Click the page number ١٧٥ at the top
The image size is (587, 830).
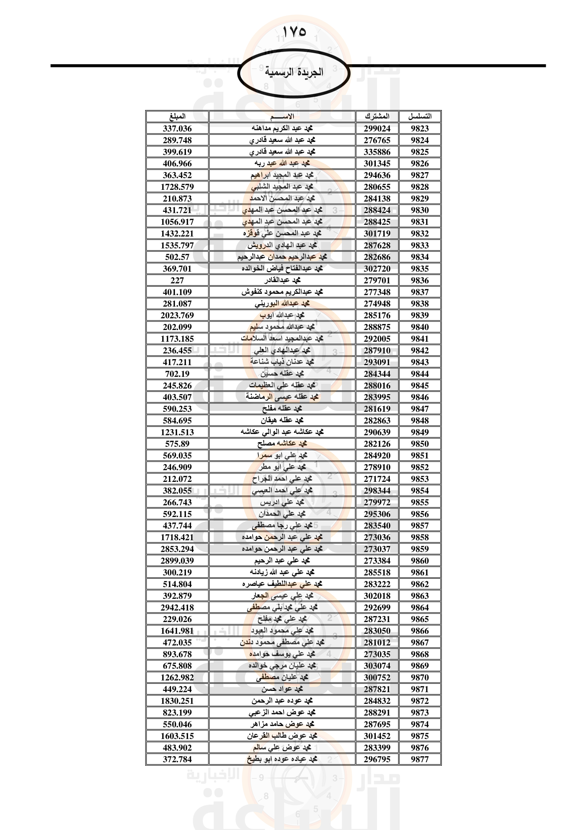click(x=294, y=32)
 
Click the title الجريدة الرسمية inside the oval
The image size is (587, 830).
click(x=294, y=72)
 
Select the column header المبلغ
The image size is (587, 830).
click(x=177, y=116)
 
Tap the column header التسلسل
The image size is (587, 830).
click(x=419, y=116)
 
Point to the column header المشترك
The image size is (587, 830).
click(x=377, y=116)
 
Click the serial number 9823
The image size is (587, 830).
click(x=419, y=128)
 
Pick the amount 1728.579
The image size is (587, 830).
click(x=177, y=187)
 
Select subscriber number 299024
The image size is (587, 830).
click(x=377, y=128)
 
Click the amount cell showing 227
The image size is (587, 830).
click(x=177, y=280)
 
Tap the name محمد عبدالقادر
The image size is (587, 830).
click(x=282, y=280)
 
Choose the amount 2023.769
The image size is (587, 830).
click(x=177, y=315)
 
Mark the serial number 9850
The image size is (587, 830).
click(x=419, y=444)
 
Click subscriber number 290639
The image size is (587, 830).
click(x=377, y=432)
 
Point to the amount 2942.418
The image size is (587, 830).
click(x=177, y=607)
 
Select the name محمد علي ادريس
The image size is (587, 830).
click(x=282, y=502)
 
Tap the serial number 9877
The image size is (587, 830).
click(x=419, y=759)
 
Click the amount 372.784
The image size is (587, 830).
click(x=177, y=759)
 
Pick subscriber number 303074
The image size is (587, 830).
click(x=377, y=665)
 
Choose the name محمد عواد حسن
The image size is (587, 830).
click(x=282, y=689)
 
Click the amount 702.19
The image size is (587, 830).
click(x=177, y=374)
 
